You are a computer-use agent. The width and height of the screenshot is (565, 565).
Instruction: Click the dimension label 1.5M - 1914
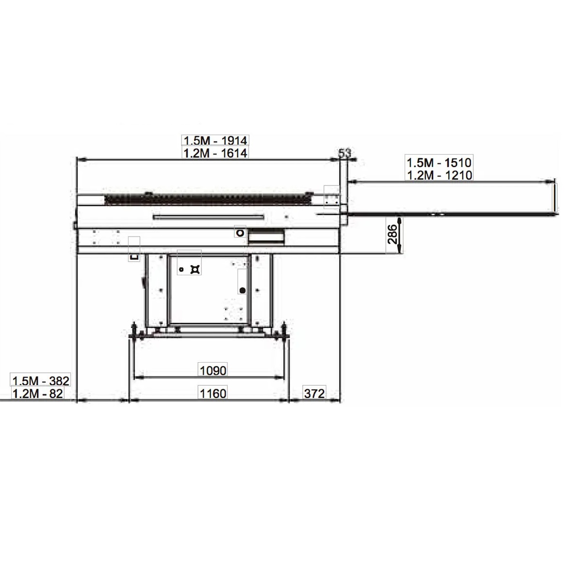215,140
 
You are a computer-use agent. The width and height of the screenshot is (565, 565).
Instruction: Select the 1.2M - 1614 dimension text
215,153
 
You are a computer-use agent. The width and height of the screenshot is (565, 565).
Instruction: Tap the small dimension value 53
345,153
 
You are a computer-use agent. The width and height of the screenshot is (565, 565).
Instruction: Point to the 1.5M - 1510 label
439,163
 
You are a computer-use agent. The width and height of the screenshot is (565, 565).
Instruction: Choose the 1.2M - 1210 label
439,175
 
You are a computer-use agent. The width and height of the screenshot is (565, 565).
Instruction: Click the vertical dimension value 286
393,234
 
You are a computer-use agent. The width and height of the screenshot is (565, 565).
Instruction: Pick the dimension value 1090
213,370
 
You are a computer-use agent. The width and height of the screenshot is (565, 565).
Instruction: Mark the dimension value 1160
213,393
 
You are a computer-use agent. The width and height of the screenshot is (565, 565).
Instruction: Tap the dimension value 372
314,393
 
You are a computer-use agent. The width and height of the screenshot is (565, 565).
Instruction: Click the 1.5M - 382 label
41,381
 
